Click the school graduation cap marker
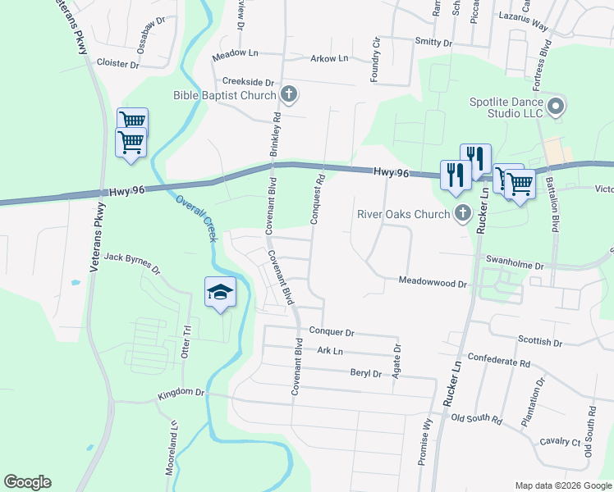(220, 293)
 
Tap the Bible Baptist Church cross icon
(288, 94)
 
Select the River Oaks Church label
(404, 215)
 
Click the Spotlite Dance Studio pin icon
(557, 107)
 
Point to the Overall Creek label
(196, 217)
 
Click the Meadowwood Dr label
(432, 281)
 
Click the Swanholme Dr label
(515, 266)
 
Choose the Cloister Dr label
(119, 61)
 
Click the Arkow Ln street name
(329, 58)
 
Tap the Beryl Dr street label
(366, 374)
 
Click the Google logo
(27, 482)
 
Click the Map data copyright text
(563, 485)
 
